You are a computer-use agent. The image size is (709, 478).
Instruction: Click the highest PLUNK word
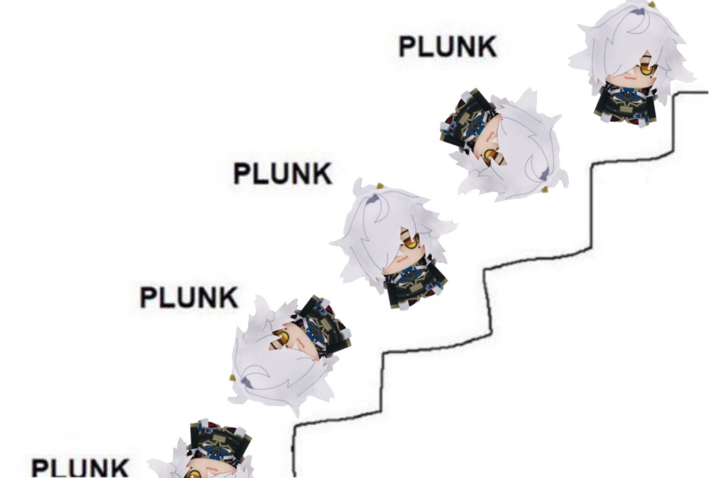coord(448,47)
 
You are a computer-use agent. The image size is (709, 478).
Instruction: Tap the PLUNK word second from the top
coord(282,173)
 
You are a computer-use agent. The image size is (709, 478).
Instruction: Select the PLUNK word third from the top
coord(189,297)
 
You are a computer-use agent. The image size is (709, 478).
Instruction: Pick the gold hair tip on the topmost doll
coord(652,5)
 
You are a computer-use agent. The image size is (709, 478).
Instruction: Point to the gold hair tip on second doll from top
coord(545,190)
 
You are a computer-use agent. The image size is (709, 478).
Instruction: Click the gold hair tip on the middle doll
coord(379,186)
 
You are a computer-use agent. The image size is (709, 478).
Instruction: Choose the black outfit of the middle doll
coord(415,285)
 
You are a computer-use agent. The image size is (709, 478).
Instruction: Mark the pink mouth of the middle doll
coord(402,259)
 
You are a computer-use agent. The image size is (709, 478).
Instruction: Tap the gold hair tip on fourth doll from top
coord(233,378)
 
